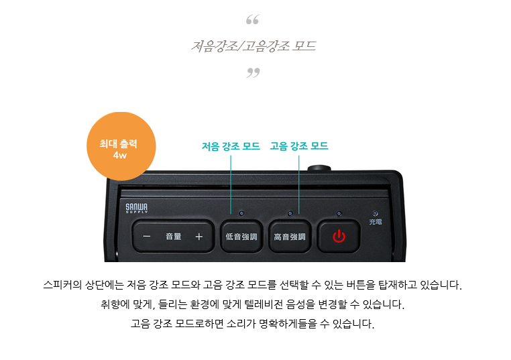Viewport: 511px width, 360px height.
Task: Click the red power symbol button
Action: point(339,237)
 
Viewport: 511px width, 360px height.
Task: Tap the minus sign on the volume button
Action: point(147,237)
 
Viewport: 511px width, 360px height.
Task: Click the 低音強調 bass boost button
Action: point(241,237)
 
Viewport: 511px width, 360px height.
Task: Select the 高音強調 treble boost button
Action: point(290,237)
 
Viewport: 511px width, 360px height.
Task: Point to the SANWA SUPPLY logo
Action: point(137,208)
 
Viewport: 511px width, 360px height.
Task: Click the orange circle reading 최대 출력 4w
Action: point(121,146)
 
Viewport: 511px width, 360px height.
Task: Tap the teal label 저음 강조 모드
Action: point(231,146)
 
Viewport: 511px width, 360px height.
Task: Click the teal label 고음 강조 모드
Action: point(299,146)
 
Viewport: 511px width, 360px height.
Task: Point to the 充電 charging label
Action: point(376,222)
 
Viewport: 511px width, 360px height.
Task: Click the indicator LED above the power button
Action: point(339,213)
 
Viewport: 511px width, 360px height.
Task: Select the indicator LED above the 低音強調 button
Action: point(241,213)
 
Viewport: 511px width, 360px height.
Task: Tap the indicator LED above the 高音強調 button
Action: point(290,213)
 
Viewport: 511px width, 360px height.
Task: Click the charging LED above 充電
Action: point(376,213)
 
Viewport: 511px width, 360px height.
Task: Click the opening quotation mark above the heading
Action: point(253,19)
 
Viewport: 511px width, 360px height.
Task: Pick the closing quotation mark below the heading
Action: point(253,72)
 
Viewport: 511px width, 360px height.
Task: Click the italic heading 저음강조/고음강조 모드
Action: point(253,46)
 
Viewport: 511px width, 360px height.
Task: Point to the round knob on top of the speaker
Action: point(319,168)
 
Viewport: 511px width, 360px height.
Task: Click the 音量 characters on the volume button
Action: point(174,236)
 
